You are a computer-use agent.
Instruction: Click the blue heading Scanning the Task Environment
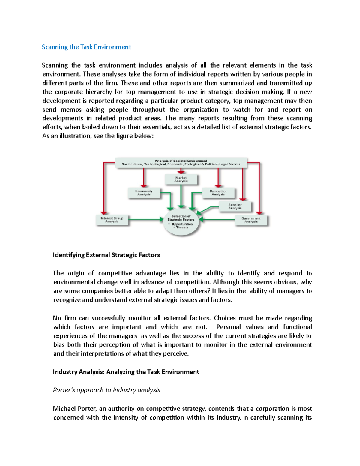(x=86, y=47)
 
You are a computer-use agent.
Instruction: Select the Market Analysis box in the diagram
(x=181, y=179)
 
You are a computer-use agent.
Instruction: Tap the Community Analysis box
(x=144, y=193)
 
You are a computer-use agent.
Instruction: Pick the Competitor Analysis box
(x=218, y=193)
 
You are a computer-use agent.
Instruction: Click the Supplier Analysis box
(x=235, y=206)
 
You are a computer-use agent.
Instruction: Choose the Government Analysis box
(x=251, y=220)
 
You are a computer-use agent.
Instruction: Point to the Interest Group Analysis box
(x=112, y=220)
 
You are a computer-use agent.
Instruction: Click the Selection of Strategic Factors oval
(x=181, y=224)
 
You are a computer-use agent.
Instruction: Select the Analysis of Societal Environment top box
(x=181, y=162)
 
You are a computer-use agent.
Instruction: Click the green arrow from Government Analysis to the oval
(x=217, y=220)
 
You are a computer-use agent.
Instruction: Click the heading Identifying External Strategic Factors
(x=106, y=255)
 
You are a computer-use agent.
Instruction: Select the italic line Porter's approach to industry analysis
(x=106, y=390)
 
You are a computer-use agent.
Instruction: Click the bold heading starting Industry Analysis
(x=126, y=372)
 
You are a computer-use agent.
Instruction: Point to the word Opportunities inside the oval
(x=182, y=224)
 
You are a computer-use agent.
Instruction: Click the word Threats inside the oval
(x=182, y=227)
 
